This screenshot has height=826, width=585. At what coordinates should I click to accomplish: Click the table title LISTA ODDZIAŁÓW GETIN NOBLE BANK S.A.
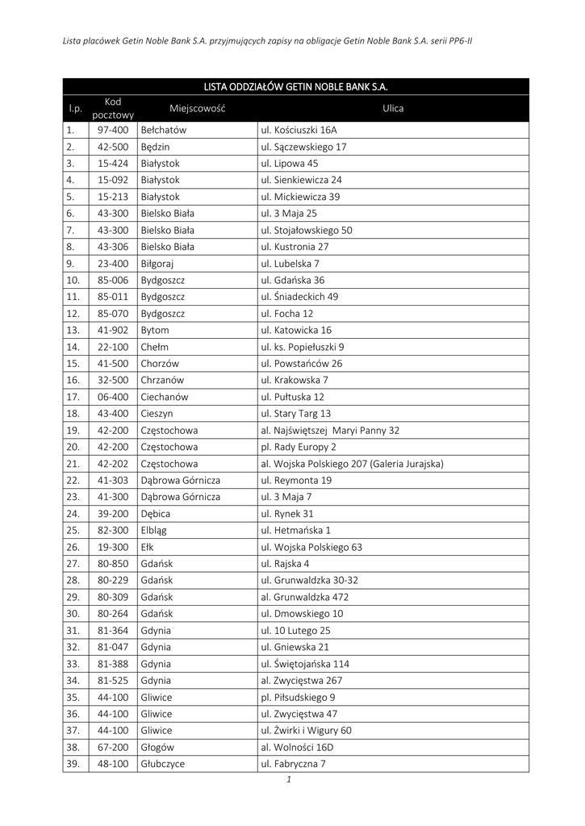point(296,86)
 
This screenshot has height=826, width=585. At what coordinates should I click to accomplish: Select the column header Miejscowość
point(197,108)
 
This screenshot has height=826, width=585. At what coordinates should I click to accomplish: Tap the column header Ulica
point(393,108)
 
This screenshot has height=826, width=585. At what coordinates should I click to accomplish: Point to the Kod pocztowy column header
point(113,108)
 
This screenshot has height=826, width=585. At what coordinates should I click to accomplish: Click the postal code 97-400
point(113,130)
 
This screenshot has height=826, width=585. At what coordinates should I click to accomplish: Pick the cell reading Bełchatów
point(164,130)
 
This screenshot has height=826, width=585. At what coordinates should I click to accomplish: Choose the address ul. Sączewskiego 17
point(303,147)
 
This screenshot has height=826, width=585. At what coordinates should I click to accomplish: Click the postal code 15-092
point(113,180)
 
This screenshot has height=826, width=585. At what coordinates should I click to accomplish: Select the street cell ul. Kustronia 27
point(295,247)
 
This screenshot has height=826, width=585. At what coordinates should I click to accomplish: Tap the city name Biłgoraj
point(157,264)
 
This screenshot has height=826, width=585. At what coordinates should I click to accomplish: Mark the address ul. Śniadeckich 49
point(299,297)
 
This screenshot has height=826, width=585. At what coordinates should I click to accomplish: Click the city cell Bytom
point(155,330)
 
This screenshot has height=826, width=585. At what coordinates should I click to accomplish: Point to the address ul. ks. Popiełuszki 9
point(302,347)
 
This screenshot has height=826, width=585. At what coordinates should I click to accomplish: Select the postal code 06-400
point(113,397)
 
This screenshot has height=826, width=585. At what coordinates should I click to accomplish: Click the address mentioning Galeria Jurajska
point(352,464)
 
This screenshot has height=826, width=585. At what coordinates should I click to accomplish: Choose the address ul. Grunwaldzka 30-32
point(309,581)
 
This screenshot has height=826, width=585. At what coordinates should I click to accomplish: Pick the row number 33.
point(73,664)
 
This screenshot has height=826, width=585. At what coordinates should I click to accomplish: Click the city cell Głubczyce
point(162,764)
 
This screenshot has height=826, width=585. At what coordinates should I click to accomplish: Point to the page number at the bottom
point(288,780)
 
